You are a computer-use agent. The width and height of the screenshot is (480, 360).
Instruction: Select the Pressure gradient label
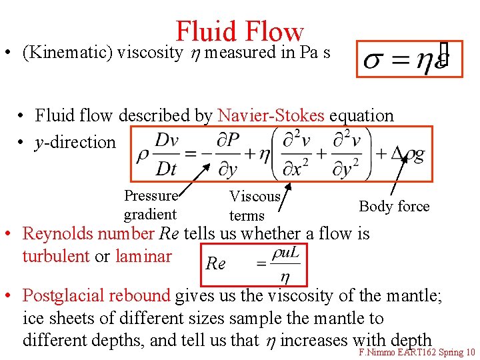[x=150, y=205]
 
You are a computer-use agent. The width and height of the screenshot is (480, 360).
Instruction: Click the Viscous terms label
[x=254, y=205]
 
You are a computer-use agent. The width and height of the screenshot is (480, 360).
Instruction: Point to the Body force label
[x=394, y=206]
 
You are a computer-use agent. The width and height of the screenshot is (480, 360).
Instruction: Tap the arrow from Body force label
[x=397, y=178]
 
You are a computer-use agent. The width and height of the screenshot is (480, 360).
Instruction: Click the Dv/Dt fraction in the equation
[x=166, y=154]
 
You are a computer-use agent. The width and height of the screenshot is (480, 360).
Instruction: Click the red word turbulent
[x=57, y=256]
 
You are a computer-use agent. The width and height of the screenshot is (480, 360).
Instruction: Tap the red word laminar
[x=143, y=256]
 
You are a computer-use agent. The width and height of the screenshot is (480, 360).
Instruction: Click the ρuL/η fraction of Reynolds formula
[x=285, y=265]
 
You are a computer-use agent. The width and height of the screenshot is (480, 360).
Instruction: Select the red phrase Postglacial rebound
[x=97, y=295]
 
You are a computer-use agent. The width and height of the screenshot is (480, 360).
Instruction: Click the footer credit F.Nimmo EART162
[x=393, y=352]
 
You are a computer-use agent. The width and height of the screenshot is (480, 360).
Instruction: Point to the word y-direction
[x=75, y=142]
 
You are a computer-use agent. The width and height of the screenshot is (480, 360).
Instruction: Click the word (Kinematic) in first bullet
[x=67, y=53]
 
